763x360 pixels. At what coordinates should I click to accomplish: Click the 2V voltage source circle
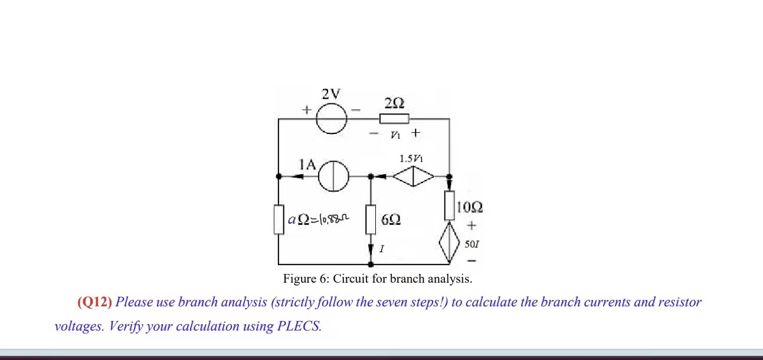coord(331,119)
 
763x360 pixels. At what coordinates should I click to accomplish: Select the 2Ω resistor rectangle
coord(394,119)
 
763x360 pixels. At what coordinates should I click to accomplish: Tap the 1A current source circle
coord(334,176)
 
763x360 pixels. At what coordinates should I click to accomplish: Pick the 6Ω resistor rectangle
coord(371,220)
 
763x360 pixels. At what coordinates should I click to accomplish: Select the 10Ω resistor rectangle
coord(449,205)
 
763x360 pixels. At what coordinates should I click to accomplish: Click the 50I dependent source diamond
coord(449,242)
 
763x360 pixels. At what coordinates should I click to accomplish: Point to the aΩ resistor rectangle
coord(279,220)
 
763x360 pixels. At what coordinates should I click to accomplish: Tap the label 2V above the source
coord(331,94)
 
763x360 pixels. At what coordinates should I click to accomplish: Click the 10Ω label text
coord(470,207)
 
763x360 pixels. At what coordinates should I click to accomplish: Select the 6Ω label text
coord(391,220)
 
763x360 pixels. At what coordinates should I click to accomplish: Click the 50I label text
coord(471,244)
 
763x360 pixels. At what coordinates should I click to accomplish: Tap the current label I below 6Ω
coord(381,250)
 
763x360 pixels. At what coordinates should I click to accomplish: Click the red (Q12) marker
coord(94,302)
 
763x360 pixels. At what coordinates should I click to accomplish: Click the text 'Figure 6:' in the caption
coord(306,279)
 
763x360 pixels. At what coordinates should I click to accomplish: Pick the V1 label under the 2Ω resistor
coord(395,135)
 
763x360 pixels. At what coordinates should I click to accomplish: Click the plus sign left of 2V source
coord(306,110)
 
